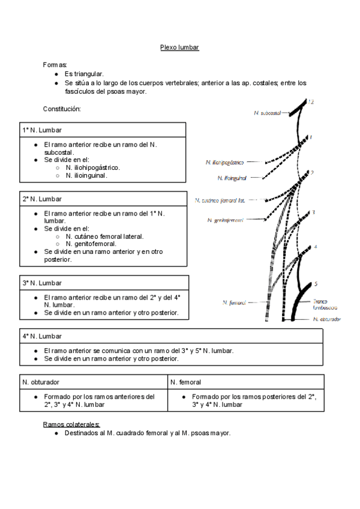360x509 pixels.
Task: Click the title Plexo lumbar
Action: (x=179, y=47)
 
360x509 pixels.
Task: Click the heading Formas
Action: (x=55, y=64)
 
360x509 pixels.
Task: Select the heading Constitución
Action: (x=62, y=109)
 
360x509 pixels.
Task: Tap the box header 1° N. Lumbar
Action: (x=42, y=130)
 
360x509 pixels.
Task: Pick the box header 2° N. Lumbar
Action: (x=42, y=199)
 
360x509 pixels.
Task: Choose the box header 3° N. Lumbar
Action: (x=42, y=283)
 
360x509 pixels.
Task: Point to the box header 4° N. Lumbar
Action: (x=42, y=337)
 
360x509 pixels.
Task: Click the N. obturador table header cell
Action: (x=41, y=382)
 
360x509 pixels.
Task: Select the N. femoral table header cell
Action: (x=185, y=382)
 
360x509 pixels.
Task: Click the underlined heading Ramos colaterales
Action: (x=71, y=424)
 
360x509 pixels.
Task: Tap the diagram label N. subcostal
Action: (x=268, y=112)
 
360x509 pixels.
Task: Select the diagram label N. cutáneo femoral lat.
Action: (x=220, y=200)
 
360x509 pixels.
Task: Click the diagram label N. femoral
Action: (x=234, y=303)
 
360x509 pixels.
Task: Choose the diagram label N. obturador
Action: (x=327, y=319)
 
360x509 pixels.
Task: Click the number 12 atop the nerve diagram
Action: (x=310, y=103)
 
